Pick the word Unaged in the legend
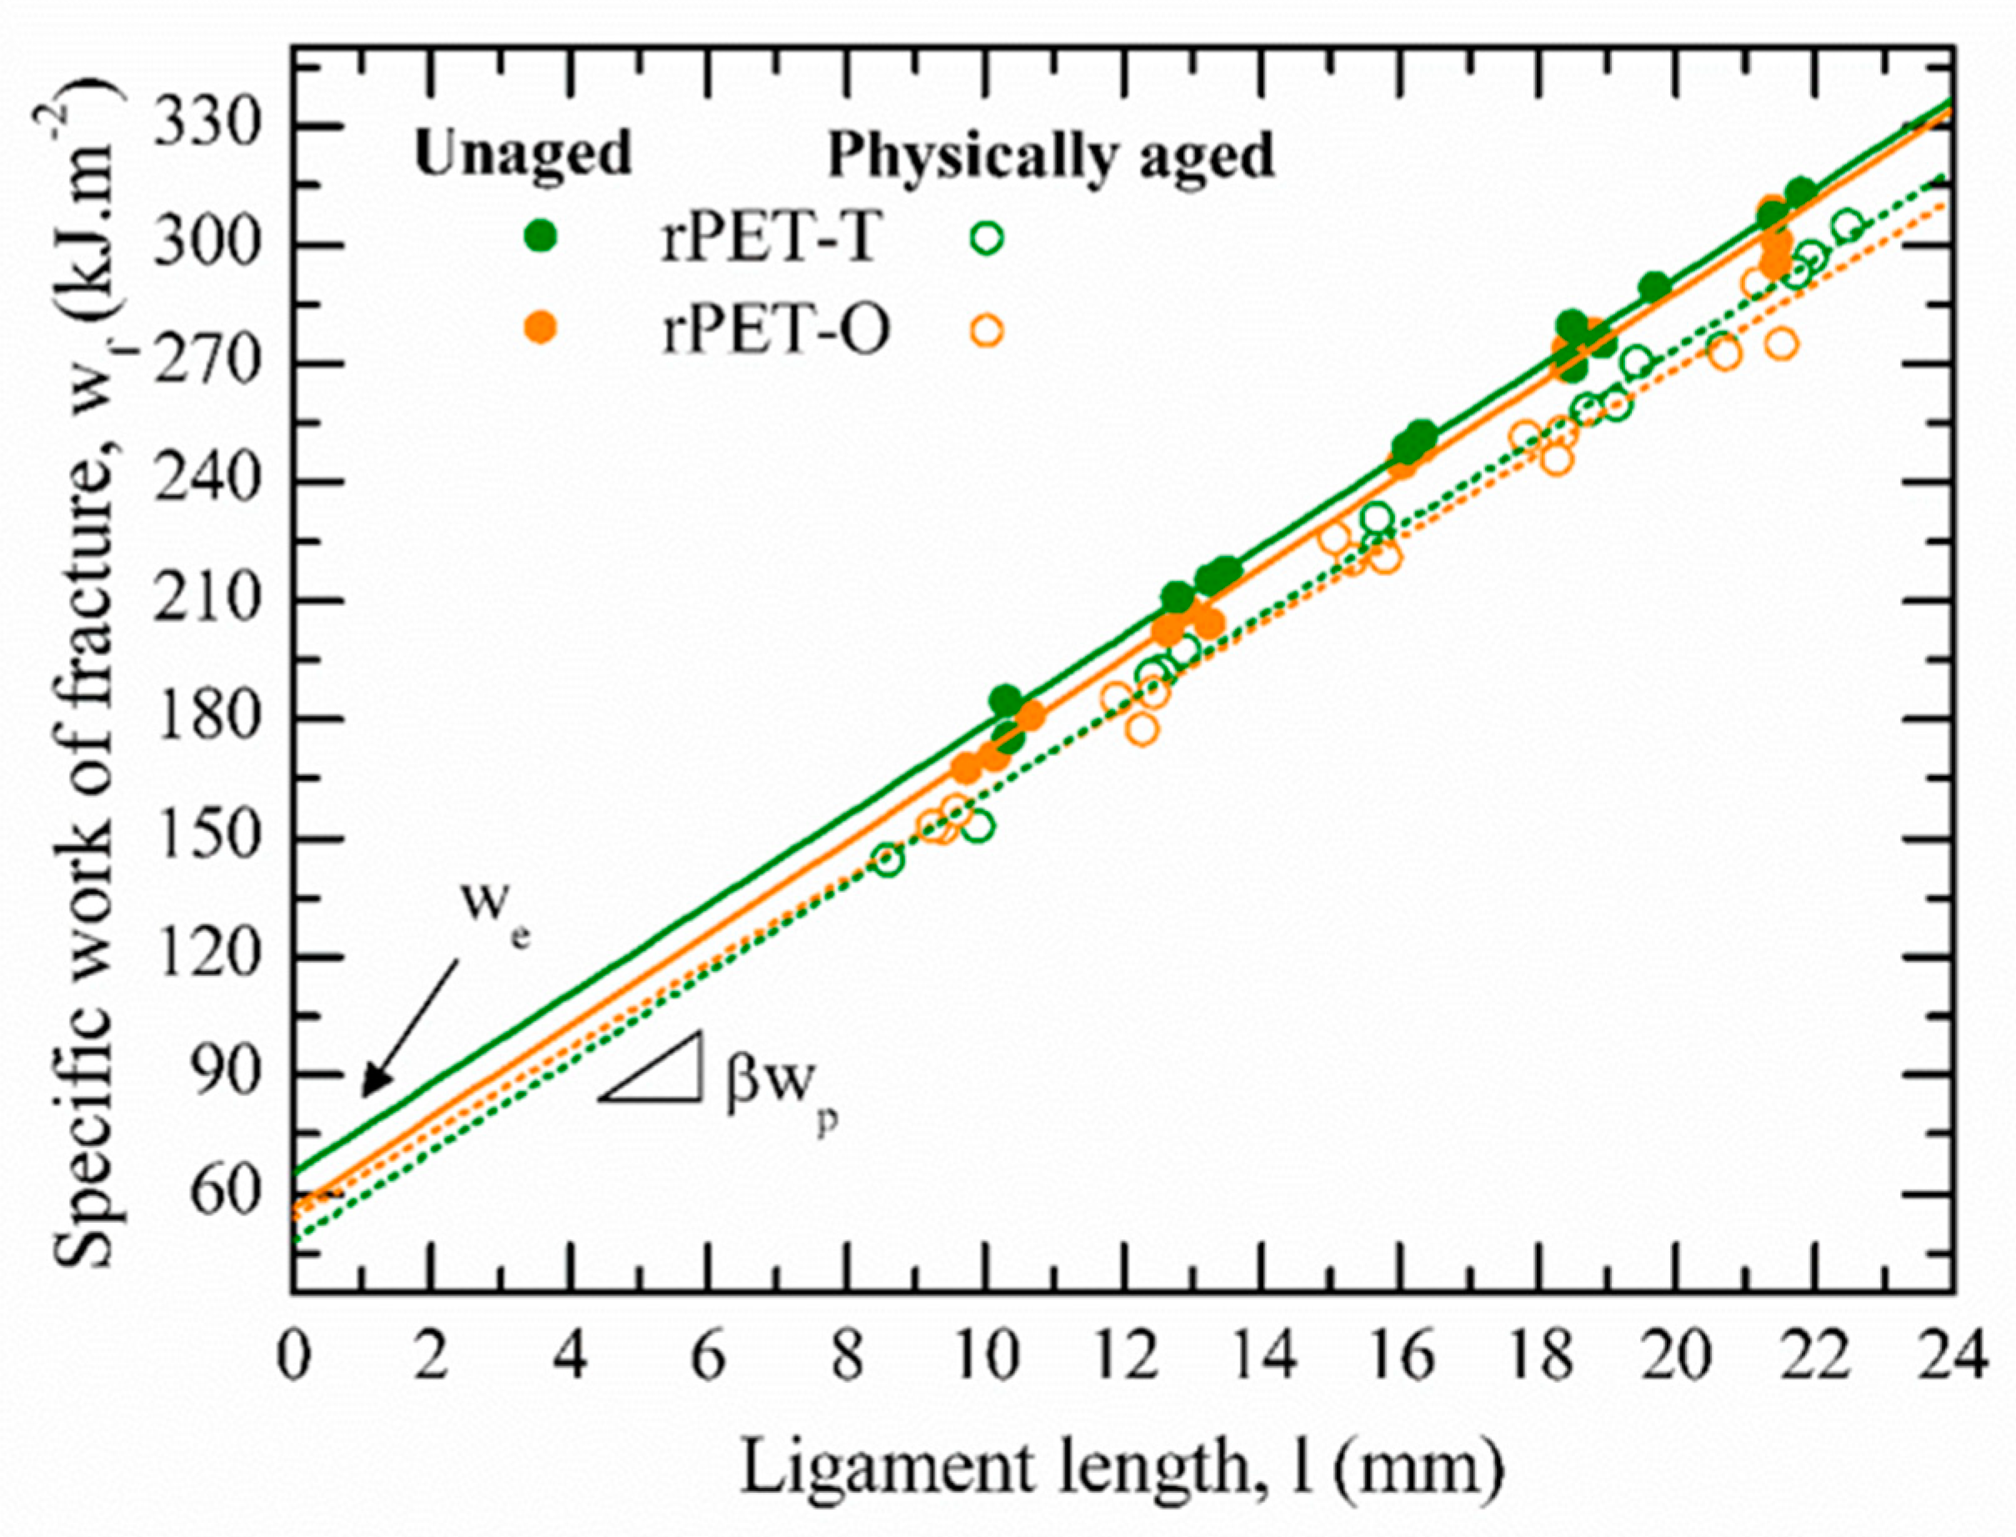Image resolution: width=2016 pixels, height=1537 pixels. (x=523, y=153)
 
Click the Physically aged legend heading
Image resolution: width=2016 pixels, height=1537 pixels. (x=1050, y=157)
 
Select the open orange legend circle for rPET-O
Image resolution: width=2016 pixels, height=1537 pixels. (x=987, y=330)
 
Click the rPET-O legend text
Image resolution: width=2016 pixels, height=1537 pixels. (x=776, y=331)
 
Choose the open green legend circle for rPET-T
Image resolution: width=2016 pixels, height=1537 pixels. (x=987, y=238)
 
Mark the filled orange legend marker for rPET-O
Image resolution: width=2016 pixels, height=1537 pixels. (x=543, y=328)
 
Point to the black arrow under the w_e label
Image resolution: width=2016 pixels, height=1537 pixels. (x=409, y=1030)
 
